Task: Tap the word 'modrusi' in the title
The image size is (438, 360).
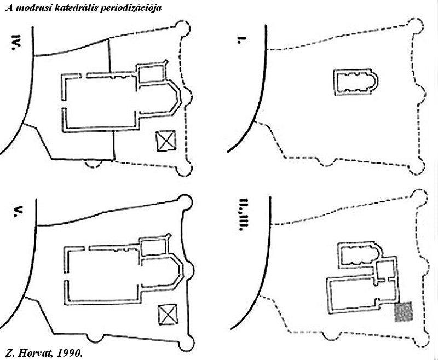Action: pyautogui.click(x=33, y=8)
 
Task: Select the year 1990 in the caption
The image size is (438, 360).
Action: pyautogui.click(x=70, y=353)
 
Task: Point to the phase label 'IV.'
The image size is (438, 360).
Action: pyautogui.click(x=17, y=43)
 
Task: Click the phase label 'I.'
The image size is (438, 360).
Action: pyautogui.click(x=240, y=40)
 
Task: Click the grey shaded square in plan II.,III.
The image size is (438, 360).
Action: pyautogui.click(x=404, y=311)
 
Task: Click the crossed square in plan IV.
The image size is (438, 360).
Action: pyautogui.click(x=166, y=141)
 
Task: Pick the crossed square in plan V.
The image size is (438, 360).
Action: pyautogui.click(x=168, y=314)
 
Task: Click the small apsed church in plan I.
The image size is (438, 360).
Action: pyautogui.click(x=356, y=83)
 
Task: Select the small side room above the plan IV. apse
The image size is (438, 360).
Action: pyautogui.click(x=151, y=73)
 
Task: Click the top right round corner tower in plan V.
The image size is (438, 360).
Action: pyautogui.click(x=185, y=202)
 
